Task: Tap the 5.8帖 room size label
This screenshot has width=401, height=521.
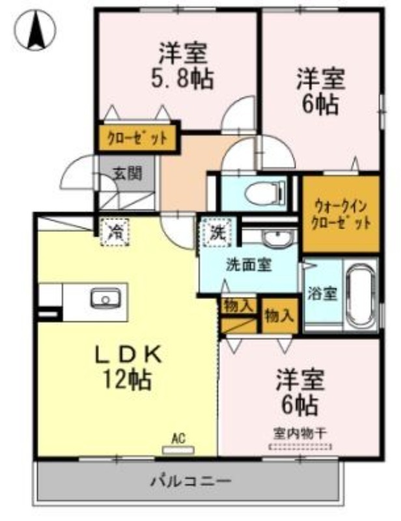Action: tap(182, 79)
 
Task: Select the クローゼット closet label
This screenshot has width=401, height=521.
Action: tap(137, 138)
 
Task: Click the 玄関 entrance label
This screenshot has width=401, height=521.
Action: tap(127, 173)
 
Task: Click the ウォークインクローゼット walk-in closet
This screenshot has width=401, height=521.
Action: tap(341, 214)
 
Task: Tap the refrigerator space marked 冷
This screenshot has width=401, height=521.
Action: tap(115, 232)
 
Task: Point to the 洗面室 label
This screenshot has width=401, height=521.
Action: tap(249, 265)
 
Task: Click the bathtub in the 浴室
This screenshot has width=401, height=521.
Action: tap(361, 294)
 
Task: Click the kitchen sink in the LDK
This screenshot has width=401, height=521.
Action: tap(105, 298)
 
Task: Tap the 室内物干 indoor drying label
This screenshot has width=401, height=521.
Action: tap(300, 433)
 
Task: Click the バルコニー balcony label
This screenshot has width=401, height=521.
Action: tap(191, 481)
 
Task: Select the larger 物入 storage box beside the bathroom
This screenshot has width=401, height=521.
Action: tap(279, 316)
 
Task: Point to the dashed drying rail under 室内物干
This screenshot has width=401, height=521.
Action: tap(300, 446)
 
